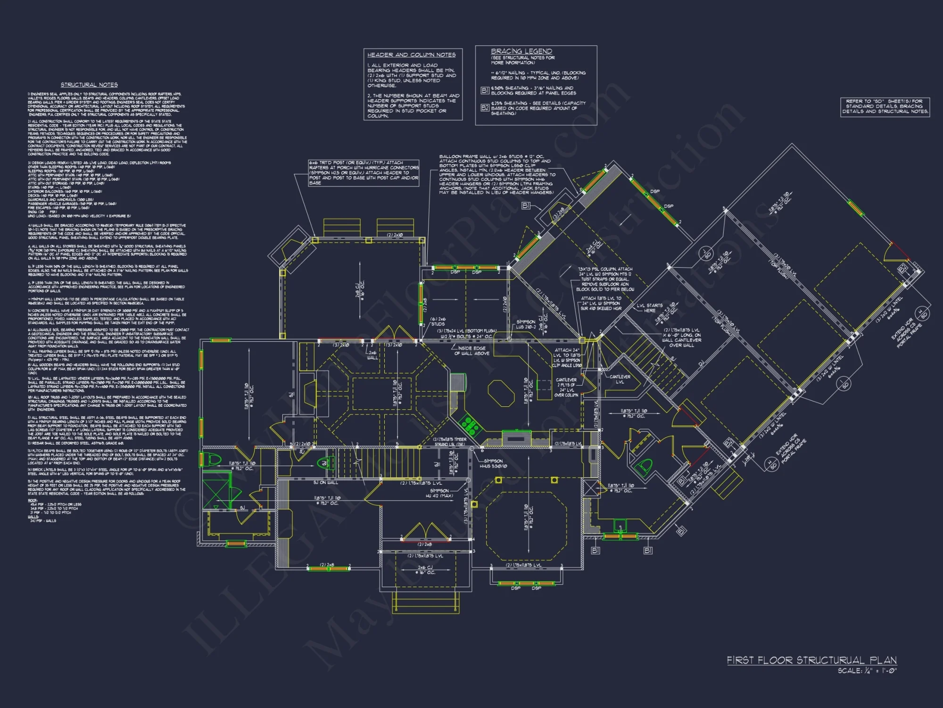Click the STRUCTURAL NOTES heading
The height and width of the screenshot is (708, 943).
[89, 85]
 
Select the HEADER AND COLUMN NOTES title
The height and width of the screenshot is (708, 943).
[411, 55]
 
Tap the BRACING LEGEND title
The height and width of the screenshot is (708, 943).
[521, 51]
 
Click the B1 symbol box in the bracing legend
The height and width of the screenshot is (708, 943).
[485, 90]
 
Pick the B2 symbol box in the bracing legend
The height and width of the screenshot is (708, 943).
[485, 108]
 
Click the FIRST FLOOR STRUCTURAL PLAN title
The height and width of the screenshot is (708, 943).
[811, 660]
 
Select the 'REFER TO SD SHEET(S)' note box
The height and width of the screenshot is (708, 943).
[885, 107]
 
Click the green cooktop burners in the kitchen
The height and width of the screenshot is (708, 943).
[469, 424]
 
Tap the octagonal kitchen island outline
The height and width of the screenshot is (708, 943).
[501, 393]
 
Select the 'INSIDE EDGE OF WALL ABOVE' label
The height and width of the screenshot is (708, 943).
[473, 351]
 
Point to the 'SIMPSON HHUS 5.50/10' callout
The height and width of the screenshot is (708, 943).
[493, 464]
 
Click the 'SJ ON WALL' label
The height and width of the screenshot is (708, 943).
[325, 482]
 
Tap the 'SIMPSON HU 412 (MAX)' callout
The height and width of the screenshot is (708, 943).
[439, 493]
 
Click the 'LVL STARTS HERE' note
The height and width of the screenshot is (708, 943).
[649, 308]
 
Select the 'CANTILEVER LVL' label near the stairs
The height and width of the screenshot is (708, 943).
[620, 379]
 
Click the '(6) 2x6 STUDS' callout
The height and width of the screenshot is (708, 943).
[438, 321]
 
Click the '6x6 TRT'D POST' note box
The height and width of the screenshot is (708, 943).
[364, 173]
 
